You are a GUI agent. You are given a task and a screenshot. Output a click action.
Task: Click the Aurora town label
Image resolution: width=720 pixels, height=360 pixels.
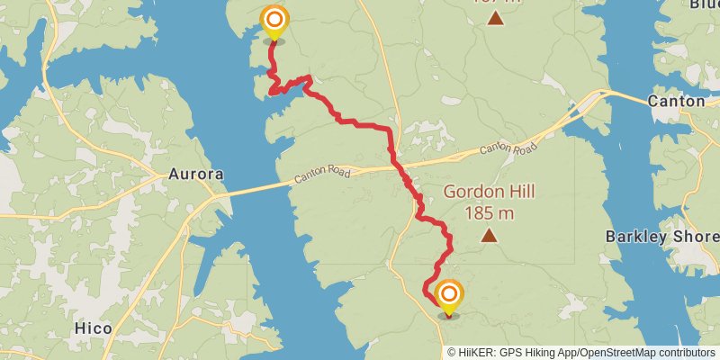pyautogui.click(x=196, y=175)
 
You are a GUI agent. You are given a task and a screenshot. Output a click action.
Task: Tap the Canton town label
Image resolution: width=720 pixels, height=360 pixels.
pyautogui.click(x=676, y=102)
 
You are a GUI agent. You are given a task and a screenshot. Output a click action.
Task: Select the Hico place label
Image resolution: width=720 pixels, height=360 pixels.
pyautogui.click(x=94, y=328)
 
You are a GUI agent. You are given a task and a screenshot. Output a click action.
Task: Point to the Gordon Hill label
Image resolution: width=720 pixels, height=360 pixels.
pyautogui.click(x=490, y=192)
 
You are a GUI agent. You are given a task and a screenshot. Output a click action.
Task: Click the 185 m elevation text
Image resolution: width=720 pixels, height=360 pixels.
pyautogui.click(x=490, y=212)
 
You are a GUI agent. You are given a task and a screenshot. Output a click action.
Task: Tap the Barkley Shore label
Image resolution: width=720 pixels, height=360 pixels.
pyautogui.click(x=662, y=237)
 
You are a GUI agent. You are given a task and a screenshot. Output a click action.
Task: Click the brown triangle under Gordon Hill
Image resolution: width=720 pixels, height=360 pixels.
pyautogui.click(x=489, y=236)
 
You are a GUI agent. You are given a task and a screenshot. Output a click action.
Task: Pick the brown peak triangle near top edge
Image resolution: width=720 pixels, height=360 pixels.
pyautogui.click(x=494, y=15)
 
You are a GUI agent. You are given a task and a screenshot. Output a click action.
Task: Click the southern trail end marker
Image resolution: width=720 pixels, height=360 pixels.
pyautogui.click(x=449, y=295)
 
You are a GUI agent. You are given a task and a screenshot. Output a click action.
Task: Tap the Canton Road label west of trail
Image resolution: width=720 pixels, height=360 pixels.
pyautogui.click(x=321, y=175)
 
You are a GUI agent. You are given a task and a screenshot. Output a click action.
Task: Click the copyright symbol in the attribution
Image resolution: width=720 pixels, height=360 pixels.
pyautogui.click(x=453, y=353)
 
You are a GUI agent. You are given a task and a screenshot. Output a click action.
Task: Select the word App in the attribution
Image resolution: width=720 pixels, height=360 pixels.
pyautogui.click(x=564, y=353)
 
